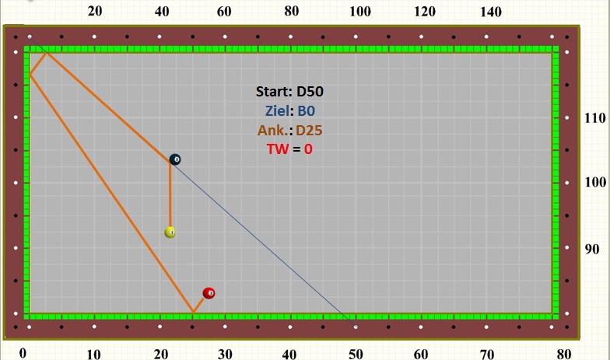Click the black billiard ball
point(175,159)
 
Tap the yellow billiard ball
point(170,232)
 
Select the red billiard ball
point(209,293)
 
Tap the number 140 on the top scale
point(491,12)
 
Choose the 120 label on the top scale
point(425,12)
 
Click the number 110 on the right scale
point(596,118)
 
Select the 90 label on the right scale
point(593,249)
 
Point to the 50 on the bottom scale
point(356,354)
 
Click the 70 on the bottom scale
point(486,354)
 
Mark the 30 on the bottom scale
point(225,354)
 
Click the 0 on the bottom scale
point(23,353)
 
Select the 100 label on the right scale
point(596,182)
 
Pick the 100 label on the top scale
point(359,12)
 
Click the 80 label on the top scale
point(292,12)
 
